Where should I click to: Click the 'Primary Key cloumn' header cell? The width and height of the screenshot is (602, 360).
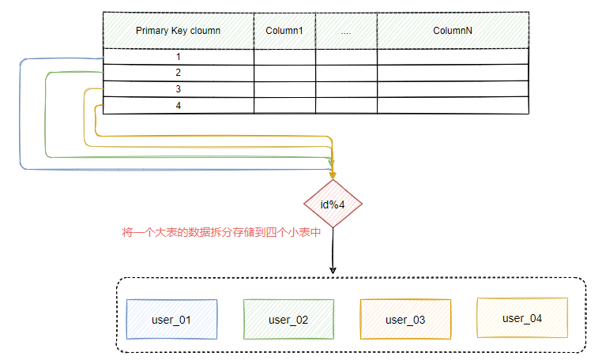pos(178,31)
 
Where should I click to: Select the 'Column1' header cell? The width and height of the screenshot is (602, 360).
pos(284,31)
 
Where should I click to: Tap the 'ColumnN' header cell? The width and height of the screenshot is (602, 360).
pos(453,31)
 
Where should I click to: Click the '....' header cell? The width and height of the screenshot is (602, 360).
pos(346,31)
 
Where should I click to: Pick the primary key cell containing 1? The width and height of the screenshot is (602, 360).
pos(179,57)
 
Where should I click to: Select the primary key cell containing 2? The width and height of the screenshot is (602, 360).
pos(179,73)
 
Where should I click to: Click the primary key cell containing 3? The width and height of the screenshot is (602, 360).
pos(179,89)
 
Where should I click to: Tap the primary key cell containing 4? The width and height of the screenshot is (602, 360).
pos(179,106)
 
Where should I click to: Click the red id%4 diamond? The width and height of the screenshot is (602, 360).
pos(333,204)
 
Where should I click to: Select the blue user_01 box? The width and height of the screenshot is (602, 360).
pos(171,320)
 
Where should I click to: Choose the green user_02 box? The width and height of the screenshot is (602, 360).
pos(288,320)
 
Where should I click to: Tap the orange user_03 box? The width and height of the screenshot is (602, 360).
pos(404,320)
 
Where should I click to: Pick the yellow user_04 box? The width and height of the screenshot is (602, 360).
pos(522,318)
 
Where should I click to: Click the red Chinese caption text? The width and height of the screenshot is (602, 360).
pos(215,234)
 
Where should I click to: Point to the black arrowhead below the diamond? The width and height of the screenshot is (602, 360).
pos(333,270)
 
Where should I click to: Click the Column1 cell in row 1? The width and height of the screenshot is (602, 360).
pos(284,57)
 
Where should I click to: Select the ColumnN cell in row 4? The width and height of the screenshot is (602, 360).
pos(453,106)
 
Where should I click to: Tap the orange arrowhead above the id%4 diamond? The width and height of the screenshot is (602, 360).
pos(333,174)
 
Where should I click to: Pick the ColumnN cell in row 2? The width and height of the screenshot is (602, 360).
pos(453,73)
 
